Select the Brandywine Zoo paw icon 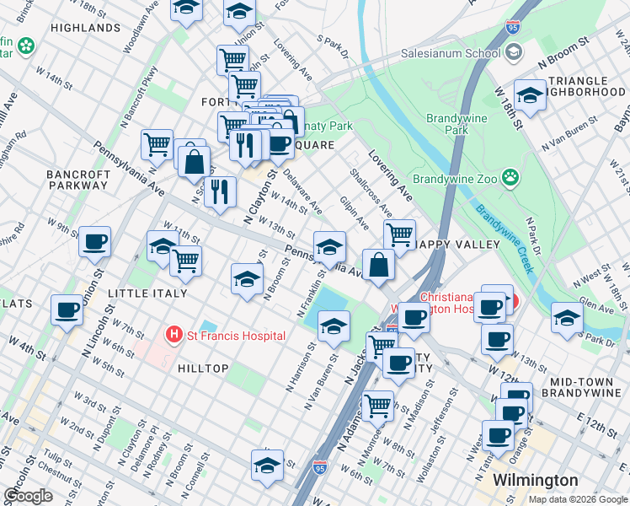click(x=510, y=178)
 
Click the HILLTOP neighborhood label click(x=203, y=369)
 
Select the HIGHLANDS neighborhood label click(x=85, y=28)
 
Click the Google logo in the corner click(x=28, y=496)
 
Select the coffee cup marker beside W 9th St click(x=94, y=241)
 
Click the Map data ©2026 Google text click(x=576, y=498)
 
